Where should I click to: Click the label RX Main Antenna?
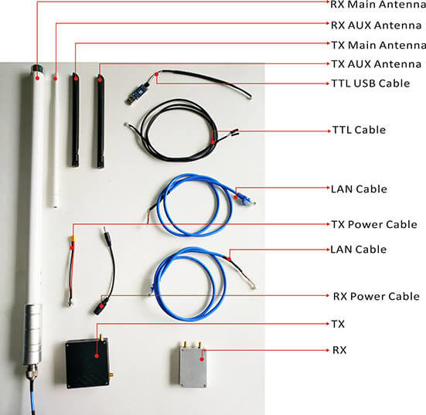coord(378,5)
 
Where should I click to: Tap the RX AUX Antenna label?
coord(376,26)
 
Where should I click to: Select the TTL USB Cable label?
coord(370,83)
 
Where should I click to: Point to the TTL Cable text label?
coord(360,130)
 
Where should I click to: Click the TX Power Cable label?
coord(374,224)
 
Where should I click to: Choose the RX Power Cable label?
coord(377,296)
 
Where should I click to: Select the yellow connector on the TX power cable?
coord(73,239)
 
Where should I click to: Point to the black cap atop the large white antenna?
coord(37,68)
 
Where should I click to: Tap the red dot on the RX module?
coord(202,359)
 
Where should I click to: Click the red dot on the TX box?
coord(97,355)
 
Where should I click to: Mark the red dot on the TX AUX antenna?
coord(100,80)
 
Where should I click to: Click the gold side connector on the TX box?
coord(111,375)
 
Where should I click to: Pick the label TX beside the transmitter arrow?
coord(338,324)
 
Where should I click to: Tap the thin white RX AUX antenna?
coord(55,141)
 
